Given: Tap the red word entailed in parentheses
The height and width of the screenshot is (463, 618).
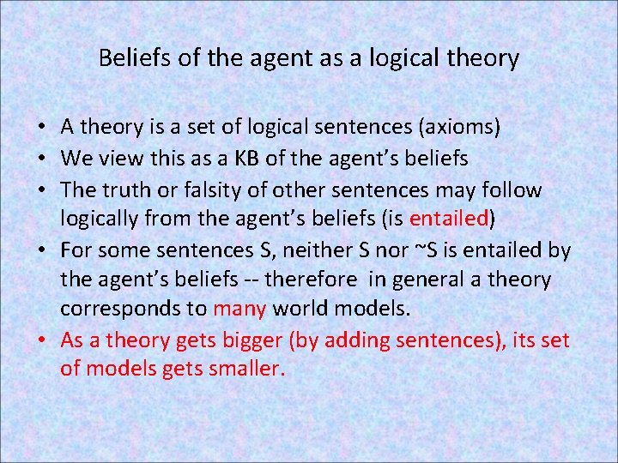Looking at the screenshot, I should coord(449,219).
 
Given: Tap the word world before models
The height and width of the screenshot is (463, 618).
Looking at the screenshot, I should coord(295,310).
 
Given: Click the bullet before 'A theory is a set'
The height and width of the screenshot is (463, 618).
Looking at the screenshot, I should coord(42,129).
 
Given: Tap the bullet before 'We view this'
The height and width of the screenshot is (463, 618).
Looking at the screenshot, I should coord(42,159).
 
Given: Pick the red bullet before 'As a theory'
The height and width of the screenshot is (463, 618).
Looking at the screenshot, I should coord(42,341).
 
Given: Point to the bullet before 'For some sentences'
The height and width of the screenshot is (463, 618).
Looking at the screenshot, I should coord(42,250).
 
